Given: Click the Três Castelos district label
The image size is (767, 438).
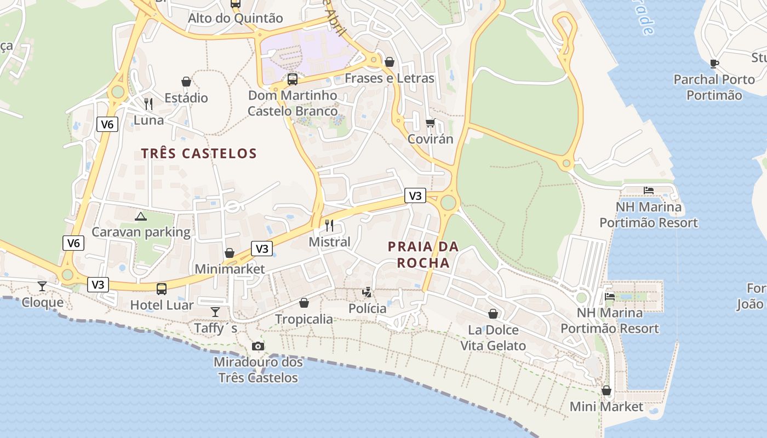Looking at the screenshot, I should click(x=199, y=153).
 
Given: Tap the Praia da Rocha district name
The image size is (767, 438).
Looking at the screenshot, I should click(x=423, y=255).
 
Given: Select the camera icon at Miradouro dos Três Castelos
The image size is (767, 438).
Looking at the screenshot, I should click(x=257, y=346).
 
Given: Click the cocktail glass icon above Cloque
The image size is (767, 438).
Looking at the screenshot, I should click(x=42, y=286).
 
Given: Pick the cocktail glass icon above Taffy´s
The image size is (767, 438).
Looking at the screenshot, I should click(x=215, y=312).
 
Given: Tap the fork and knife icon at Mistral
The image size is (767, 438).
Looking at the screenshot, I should click(x=329, y=225).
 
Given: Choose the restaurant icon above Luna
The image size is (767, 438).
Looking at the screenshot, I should click(x=148, y=103).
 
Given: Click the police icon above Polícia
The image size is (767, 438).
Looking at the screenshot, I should click(x=367, y=292).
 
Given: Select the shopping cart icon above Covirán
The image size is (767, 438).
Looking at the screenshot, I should click(x=430, y=123).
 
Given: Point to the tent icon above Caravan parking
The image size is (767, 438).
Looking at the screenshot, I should click(x=141, y=216).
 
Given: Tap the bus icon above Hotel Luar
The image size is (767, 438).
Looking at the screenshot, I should click(x=162, y=289).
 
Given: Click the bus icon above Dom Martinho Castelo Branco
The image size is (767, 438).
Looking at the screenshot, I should click(x=293, y=79).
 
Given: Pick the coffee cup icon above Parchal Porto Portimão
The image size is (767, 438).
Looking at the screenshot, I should click(x=714, y=64).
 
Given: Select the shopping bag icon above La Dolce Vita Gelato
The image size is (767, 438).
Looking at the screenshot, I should click(x=493, y=314).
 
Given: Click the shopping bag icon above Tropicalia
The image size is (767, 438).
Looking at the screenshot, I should click(x=304, y=303).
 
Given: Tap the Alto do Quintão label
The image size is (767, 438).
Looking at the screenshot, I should click(x=236, y=18).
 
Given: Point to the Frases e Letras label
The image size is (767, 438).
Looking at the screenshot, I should click(x=389, y=78).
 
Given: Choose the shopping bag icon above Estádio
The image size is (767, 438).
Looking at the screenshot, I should click(x=186, y=82).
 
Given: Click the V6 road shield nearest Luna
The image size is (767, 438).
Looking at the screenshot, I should click(x=107, y=124).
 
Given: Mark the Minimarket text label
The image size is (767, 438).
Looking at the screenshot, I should click(x=230, y=269).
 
